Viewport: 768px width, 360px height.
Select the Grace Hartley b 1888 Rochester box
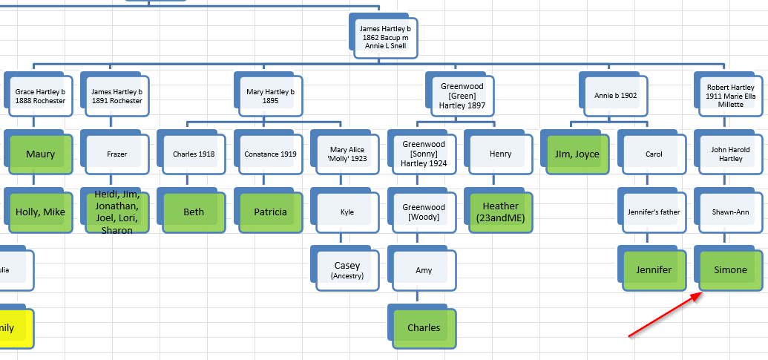pyautogui.click(x=40, y=96)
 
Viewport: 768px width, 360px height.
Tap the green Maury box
pyautogui.click(x=40, y=154)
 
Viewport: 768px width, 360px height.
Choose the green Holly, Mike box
pyautogui.click(x=40, y=212)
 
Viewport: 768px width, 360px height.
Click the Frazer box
pyautogui.click(x=116, y=154)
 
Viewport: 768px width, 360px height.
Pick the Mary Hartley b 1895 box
pyautogui.click(x=270, y=96)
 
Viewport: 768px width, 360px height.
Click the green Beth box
pyautogui.click(x=193, y=212)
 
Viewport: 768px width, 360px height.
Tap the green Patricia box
pyautogui.click(x=270, y=212)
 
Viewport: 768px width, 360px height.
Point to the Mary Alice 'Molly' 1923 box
pyautogui.click(x=347, y=154)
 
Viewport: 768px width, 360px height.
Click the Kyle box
pyautogui.click(x=347, y=212)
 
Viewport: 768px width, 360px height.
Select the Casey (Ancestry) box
pyautogui.click(x=347, y=269)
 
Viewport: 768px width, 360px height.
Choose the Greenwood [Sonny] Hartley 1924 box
pyautogui.click(x=424, y=154)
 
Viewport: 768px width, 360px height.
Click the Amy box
pyautogui.click(x=424, y=270)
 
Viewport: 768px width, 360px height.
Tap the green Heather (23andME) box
pyautogui.click(x=501, y=212)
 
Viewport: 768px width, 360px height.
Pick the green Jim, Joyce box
pyautogui.click(x=577, y=154)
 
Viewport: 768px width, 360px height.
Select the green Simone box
pyautogui.click(x=731, y=270)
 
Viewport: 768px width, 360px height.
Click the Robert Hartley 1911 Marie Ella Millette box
pyautogui.click(x=731, y=96)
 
